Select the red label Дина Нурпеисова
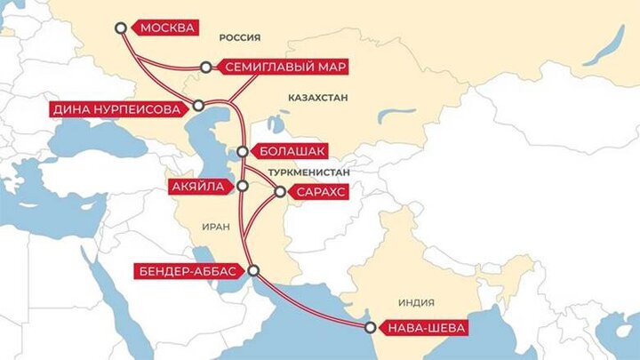click(x=116, y=109)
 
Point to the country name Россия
click(x=239, y=37)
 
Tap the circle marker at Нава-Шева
click(x=370, y=328)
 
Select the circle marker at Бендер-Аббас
click(x=254, y=270)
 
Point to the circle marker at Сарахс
click(x=280, y=190)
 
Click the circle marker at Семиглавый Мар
click(x=206, y=67)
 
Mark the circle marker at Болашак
click(x=243, y=150)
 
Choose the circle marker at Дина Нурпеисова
click(x=197, y=105)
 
